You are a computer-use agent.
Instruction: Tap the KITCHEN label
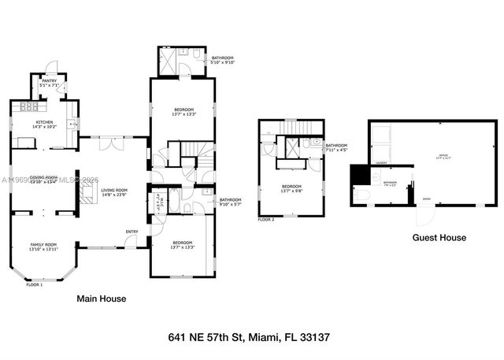click(43, 123)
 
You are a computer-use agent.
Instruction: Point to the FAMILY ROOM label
click(43, 247)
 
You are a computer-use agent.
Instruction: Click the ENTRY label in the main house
click(132, 231)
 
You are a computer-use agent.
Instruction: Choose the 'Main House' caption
click(101, 299)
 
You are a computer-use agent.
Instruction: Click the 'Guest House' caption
click(439, 237)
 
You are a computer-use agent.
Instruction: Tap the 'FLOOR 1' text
click(35, 284)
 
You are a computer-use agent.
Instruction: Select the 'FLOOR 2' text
click(266, 220)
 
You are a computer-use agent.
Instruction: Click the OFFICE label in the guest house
click(443, 157)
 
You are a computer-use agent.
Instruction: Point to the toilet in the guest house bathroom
click(363, 195)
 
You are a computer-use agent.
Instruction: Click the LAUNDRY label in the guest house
click(381, 163)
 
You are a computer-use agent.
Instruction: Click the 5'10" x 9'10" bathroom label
click(222, 60)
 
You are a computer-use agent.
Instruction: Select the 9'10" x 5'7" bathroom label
click(231, 202)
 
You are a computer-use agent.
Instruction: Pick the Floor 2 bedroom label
click(291, 189)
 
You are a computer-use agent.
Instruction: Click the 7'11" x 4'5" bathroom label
click(336, 148)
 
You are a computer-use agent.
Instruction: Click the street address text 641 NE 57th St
click(249, 337)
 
